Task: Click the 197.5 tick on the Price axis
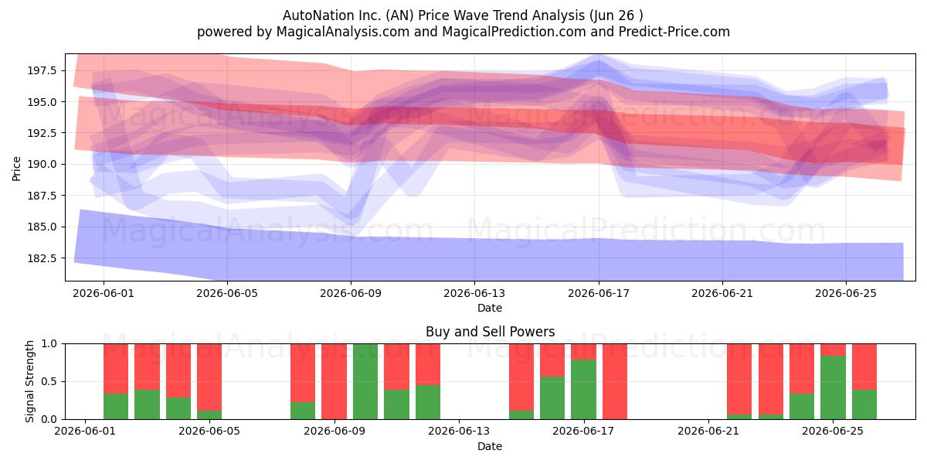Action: pyautogui.click(x=42, y=70)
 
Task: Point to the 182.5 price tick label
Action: pyautogui.click(x=42, y=258)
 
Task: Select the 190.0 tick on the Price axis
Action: pyautogui.click(x=42, y=164)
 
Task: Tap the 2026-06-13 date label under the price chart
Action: pyautogui.click(x=474, y=293)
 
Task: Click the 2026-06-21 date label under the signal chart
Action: pyautogui.click(x=708, y=432)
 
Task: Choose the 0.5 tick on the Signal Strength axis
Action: pyautogui.click(x=49, y=381)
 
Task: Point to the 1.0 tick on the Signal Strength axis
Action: pyautogui.click(x=49, y=344)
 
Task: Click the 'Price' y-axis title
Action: pyautogui.click(x=16, y=169)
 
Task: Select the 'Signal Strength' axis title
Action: pyautogui.click(x=29, y=381)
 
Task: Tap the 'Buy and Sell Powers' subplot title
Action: pyautogui.click(x=490, y=332)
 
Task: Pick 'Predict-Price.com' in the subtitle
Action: pyautogui.click(x=674, y=32)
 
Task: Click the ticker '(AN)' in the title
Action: pyautogui.click(x=400, y=15)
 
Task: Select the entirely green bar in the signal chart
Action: pyautogui.click(x=365, y=381)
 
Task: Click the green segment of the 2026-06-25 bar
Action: pyautogui.click(x=833, y=387)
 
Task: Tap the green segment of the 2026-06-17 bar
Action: pyautogui.click(x=583, y=390)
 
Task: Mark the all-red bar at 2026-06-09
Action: pyautogui.click(x=334, y=381)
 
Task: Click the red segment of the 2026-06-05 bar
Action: pyautogui.click(x=209, y=377)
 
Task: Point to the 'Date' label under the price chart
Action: pyautogui.click(x=490, y=308)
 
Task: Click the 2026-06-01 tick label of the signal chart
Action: pyautogui.click(x=85, y=432)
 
